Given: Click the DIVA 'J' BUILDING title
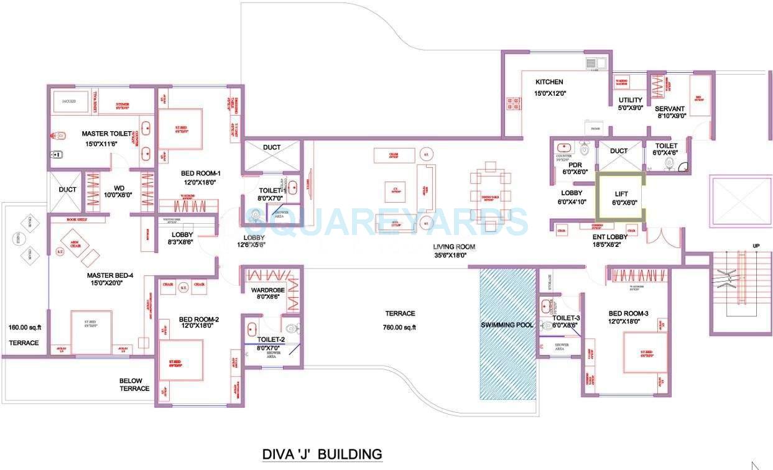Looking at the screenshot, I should point(322,454).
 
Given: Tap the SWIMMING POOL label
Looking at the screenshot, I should point(506,325).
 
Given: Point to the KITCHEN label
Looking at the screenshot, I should point(549,82).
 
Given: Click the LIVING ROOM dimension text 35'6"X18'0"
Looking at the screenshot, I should point(455,255).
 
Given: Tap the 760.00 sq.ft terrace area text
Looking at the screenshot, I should point(400,328).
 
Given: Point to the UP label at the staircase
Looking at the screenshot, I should point(756,246).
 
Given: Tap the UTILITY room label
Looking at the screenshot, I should point(630,100).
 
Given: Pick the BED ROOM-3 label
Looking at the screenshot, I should point(628,313).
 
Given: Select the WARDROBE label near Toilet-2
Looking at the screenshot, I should point(267,290).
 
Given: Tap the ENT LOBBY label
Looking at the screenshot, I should point(610,236).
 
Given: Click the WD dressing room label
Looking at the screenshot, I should point(119,188).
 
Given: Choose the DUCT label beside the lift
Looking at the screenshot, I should point(619,151).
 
